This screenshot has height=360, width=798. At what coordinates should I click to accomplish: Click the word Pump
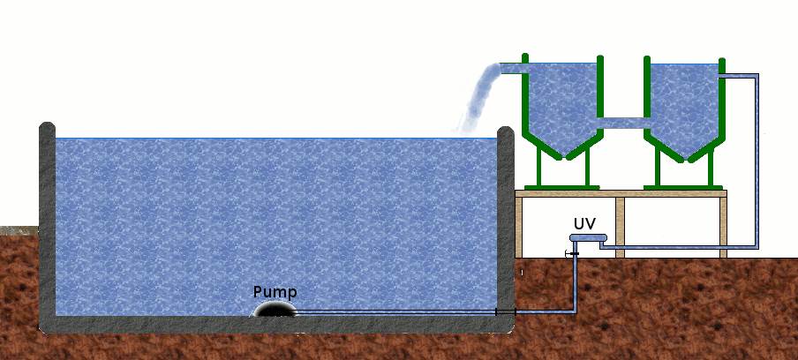275,291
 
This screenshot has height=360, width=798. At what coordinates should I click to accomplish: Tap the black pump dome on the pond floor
275,309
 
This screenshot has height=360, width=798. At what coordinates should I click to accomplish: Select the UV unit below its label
587,237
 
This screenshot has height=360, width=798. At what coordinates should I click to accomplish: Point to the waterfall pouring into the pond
477,97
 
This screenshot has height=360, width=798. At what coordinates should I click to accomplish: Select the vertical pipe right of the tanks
757,159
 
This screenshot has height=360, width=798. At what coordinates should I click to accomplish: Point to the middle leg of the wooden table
620,225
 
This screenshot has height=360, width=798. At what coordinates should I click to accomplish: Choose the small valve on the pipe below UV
572,254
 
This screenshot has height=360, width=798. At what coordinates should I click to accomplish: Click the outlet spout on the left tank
513,68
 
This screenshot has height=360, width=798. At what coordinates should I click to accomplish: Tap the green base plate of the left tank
561,187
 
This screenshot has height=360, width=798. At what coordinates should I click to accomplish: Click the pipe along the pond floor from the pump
397,312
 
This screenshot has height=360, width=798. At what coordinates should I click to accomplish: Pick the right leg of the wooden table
723,225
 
